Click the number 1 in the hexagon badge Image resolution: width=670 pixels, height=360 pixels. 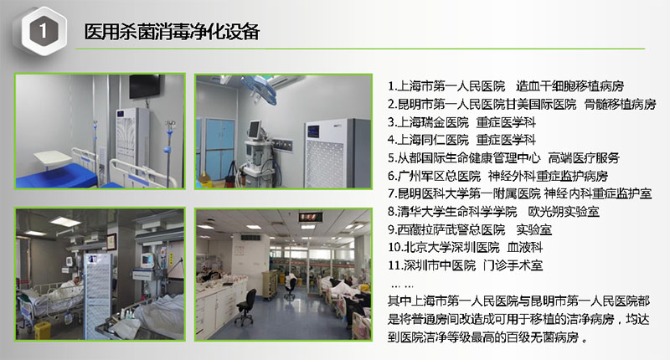point(43,31)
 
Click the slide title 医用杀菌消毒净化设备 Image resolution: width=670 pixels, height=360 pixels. point(172,32)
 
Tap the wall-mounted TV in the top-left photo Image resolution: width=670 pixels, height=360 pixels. point(145,86)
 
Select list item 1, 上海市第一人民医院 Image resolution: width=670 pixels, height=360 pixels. point(446,86)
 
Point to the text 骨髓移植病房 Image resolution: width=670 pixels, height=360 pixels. point(620,104)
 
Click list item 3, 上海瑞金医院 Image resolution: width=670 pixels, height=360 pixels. point(428,122)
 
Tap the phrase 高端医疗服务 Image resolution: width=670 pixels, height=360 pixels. point(584,158)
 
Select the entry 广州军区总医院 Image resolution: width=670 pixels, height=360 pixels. point(434,176)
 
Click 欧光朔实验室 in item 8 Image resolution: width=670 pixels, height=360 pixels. point(564,211)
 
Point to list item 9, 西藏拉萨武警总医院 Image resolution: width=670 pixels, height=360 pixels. point(446,229)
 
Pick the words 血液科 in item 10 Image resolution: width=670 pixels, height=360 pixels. point(525,247)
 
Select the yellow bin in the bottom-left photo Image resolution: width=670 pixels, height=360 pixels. point(43,330)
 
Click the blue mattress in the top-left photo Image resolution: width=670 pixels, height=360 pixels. point(55,176)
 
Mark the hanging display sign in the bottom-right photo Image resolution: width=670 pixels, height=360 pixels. point(311,217)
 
